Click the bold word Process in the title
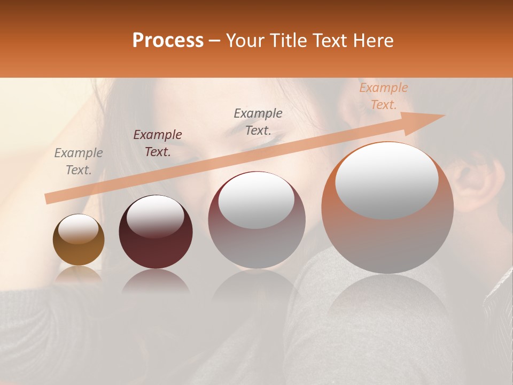pyautogui.click(x=168, y=41)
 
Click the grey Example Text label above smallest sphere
pyautogui.click(x=79, y=161)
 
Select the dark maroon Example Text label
pyautogui.click(x=158, y=143)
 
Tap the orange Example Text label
pyautogui.click(x=383, y=96)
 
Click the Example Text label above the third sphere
pyautogui.click(x=258, y=121)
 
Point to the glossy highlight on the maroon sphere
pyautogui.click(x=155, y=215)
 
